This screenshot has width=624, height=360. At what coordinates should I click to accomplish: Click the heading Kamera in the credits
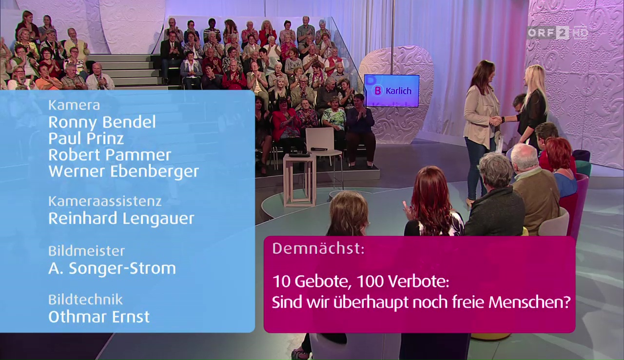(74, 105)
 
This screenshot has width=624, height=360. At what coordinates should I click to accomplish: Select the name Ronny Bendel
(102, 122)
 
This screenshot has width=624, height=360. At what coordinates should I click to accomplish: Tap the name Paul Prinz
(86, 139)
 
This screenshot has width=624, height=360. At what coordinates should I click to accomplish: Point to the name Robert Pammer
(110, 155)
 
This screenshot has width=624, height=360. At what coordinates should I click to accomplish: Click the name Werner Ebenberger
(124, 172)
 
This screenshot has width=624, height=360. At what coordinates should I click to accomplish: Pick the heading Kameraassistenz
(105, 201)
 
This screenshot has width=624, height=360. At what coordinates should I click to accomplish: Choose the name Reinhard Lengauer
(121, 219)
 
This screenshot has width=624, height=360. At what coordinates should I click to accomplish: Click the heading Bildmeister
(86, 251)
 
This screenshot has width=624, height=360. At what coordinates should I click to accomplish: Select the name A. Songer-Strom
(112, 268)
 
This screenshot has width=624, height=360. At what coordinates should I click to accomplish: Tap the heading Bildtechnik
(85, 300)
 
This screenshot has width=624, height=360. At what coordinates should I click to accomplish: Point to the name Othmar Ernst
(99, 317)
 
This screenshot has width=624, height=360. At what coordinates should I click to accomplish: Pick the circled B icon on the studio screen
(378, 91)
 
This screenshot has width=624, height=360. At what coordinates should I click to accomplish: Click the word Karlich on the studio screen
(399, 91)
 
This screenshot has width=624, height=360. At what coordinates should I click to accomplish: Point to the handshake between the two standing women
(496, 121)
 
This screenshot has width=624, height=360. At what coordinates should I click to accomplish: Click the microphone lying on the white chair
(319, 149)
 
